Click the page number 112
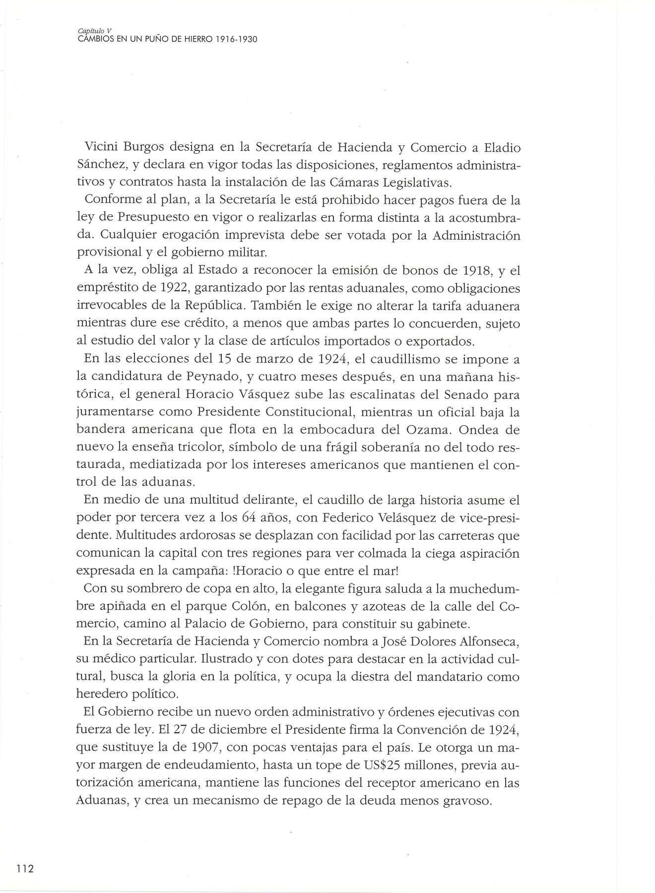click(x=23, y=827)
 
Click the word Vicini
click(x=101, y=148)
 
